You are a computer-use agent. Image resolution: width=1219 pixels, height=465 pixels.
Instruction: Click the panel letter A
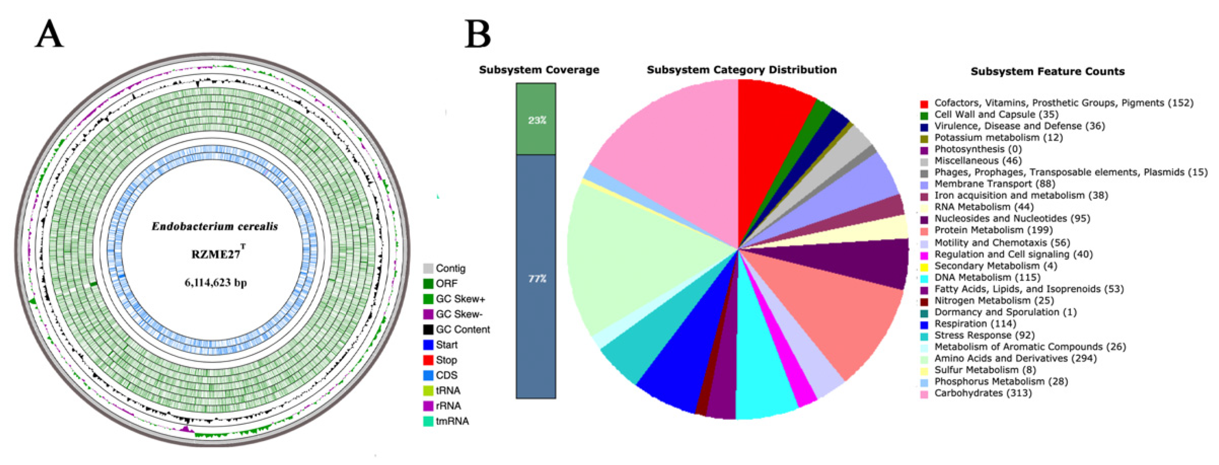49,35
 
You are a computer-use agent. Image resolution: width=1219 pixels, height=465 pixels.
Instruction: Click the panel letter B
478,35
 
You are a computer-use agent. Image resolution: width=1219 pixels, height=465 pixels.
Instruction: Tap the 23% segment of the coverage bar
536,120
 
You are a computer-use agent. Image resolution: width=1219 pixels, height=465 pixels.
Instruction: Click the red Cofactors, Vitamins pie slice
771,123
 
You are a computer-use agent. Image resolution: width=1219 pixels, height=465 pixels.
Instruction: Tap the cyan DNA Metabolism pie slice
762,378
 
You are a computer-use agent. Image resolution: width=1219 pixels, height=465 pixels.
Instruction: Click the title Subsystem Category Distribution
741,70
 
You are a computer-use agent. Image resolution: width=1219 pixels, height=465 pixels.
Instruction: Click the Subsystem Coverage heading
539,70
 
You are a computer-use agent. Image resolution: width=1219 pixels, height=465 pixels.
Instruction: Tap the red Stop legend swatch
428,360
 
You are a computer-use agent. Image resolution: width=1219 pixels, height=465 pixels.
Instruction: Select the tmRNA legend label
452,421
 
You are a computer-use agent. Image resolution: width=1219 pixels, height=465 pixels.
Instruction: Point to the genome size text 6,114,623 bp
215,283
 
